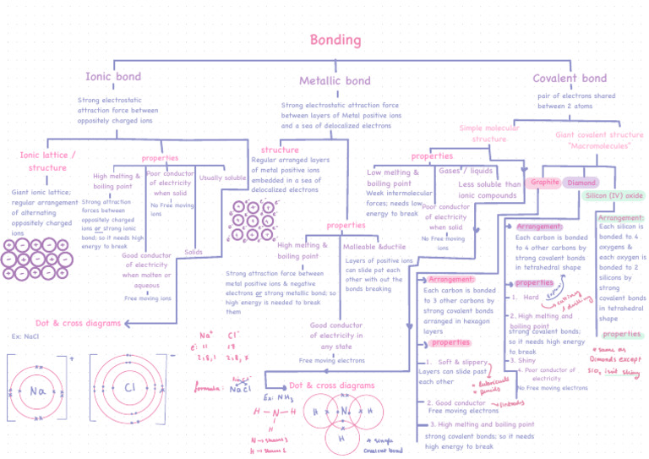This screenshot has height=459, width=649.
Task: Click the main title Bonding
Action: coord(335,40)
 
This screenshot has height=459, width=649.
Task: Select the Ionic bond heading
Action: coord(113,77)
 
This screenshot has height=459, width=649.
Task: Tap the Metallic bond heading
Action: coord(335,81)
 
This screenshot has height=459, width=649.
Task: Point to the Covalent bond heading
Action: coord(570,79)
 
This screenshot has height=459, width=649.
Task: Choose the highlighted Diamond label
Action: coord(581,183)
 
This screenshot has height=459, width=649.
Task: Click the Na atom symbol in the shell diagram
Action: coord(37,391)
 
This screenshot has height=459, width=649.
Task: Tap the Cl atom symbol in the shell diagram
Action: coord(130,389)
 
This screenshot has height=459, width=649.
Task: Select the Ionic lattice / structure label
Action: coord(47,161)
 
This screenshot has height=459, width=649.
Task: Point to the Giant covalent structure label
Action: coord(599,139)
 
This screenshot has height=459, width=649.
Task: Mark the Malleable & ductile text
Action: coord(375,247)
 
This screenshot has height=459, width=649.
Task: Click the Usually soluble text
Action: coord(223,178)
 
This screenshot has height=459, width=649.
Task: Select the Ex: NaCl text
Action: coord(26,336)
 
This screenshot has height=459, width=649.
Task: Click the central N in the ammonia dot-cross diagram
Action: coord(345,412)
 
